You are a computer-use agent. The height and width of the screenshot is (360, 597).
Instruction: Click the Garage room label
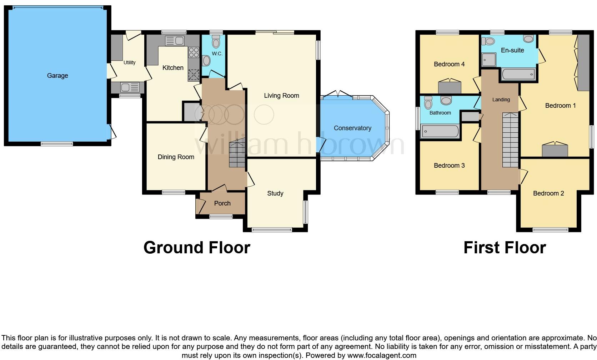57,76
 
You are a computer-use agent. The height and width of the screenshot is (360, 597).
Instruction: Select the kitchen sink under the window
175,41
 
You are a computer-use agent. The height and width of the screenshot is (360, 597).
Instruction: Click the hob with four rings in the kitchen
194,53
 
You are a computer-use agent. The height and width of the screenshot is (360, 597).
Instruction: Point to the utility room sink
130,87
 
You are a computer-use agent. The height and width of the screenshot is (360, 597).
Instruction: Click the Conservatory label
352,128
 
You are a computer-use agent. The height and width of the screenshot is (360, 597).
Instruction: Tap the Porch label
222,203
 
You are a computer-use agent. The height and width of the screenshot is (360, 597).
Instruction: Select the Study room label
275,193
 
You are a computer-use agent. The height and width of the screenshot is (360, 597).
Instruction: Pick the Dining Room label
176,157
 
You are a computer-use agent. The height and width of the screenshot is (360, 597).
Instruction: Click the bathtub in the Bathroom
440,131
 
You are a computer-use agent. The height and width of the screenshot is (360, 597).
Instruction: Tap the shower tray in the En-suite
489,60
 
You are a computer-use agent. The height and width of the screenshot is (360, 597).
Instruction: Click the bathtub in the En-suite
518,75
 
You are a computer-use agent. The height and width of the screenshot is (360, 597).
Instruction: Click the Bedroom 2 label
548,193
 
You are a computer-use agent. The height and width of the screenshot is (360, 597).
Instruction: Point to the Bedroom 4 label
449,64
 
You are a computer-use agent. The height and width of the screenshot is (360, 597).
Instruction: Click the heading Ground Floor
196,248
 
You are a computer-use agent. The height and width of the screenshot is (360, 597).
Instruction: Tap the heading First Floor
504,248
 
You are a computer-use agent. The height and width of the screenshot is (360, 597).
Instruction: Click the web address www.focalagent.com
382,355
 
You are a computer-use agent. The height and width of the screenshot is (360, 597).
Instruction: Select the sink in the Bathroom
446,100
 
